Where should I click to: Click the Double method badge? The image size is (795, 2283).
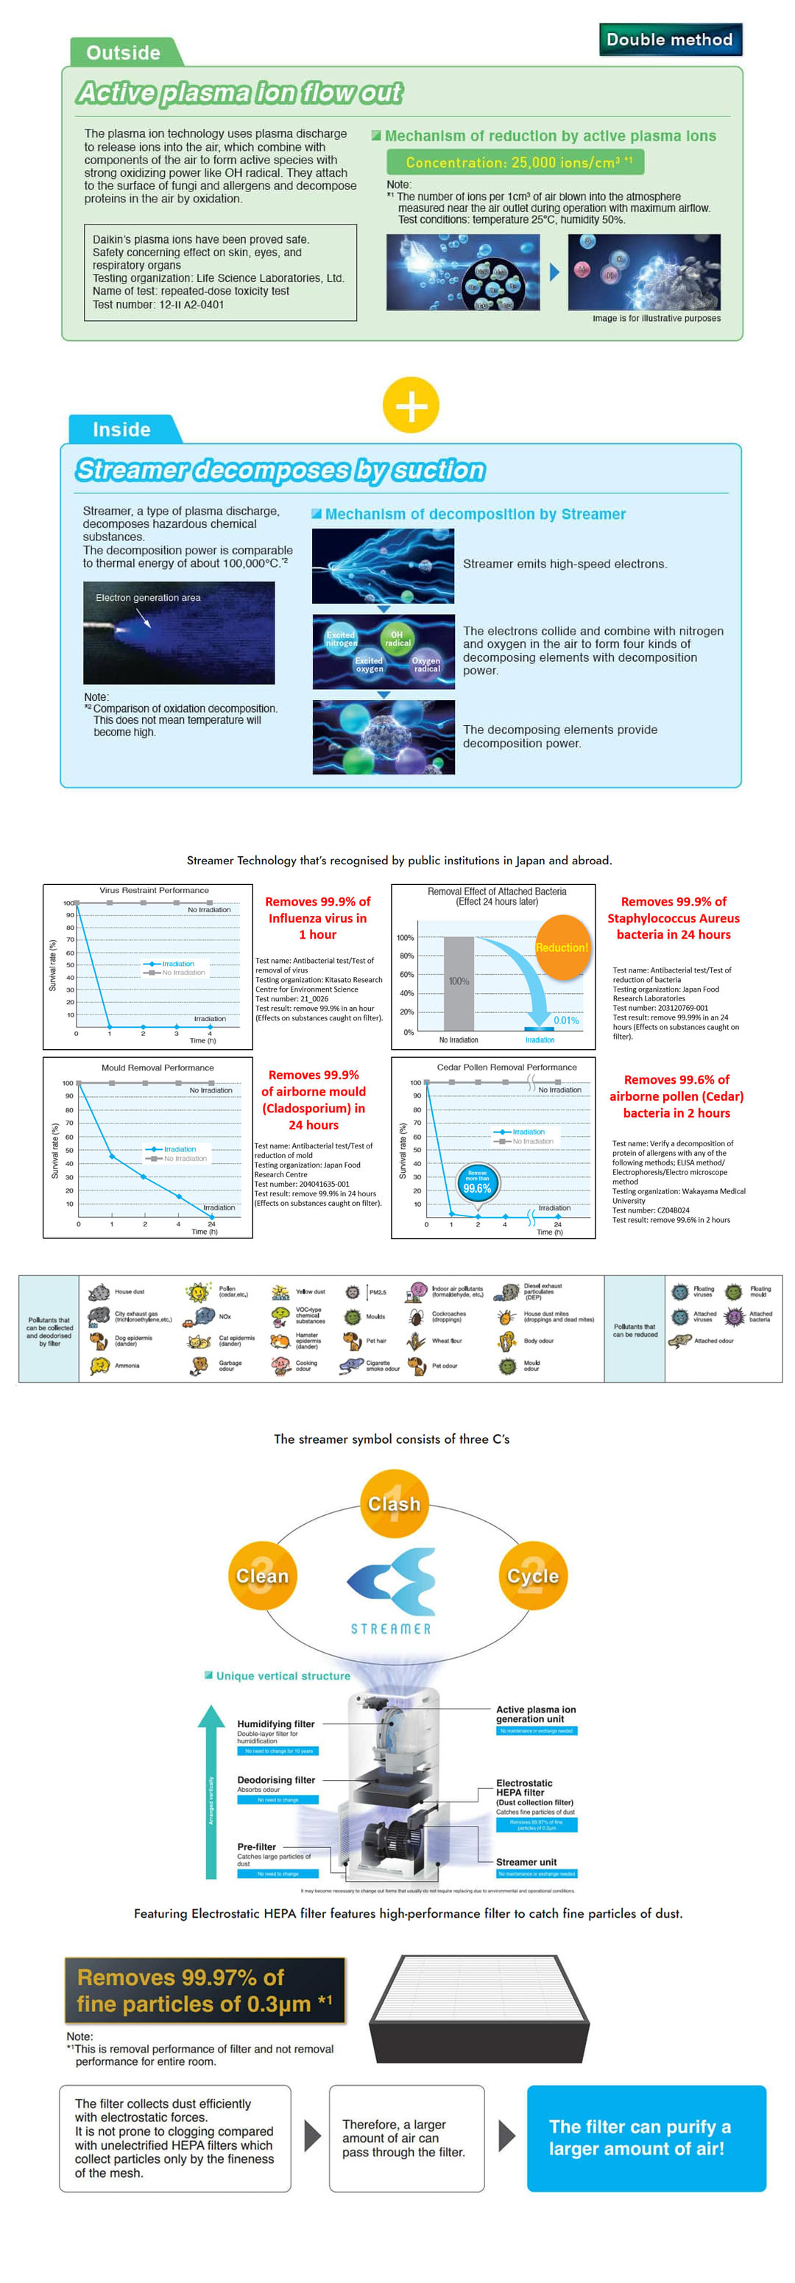click(x=669, y=40)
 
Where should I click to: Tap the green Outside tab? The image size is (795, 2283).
click(x=123, y=52)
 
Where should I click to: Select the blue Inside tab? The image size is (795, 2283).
click(x=121, y=430)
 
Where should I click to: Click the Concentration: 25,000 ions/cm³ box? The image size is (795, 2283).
click(x=515, y=162)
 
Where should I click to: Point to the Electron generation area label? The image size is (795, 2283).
click(x=148, y=597)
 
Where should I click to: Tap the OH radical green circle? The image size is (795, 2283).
click(x=397, y=638)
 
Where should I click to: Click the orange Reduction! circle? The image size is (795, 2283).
click(x=562, y=948)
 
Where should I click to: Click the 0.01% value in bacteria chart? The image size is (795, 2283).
click(x=565, y=1020)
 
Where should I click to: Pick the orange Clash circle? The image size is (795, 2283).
click(x=395, y=1504)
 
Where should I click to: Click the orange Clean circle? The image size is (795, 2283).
click(x=261, y=1575)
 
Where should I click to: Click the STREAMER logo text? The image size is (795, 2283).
click(x=391, y=1629)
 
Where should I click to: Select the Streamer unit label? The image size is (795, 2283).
click(x=526, y=1862)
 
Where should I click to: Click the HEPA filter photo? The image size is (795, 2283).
click(x=478, y=2010)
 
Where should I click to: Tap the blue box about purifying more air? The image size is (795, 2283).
click(x=646, y=2138)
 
